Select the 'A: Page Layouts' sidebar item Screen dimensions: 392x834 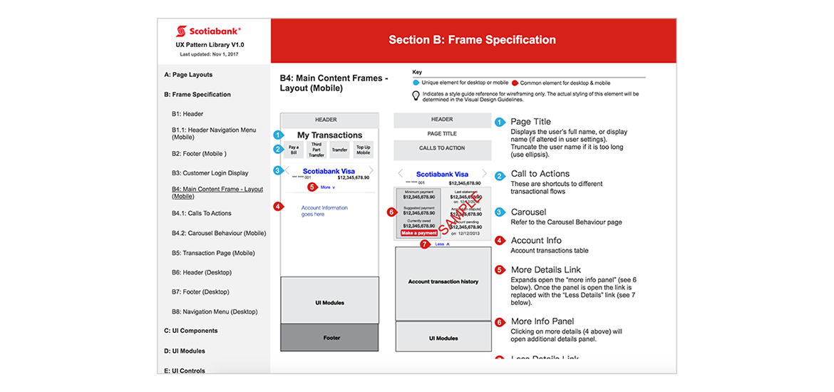188,75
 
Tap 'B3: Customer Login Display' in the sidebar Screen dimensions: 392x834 210,173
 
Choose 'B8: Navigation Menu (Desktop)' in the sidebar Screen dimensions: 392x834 214,312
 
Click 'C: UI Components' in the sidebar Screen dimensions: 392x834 191,331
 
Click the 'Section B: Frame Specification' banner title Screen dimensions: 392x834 472,40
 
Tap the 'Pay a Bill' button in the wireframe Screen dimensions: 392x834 294,150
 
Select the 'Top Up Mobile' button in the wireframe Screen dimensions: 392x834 363,150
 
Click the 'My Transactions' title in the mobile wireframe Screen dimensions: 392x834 329,135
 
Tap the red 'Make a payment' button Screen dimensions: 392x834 418,233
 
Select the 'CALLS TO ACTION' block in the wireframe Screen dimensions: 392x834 442,148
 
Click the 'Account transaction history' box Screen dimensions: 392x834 443,282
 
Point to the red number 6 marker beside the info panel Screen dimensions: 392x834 391,212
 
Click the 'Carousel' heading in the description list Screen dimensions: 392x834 528,212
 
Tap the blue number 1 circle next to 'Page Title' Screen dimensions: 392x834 500,122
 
